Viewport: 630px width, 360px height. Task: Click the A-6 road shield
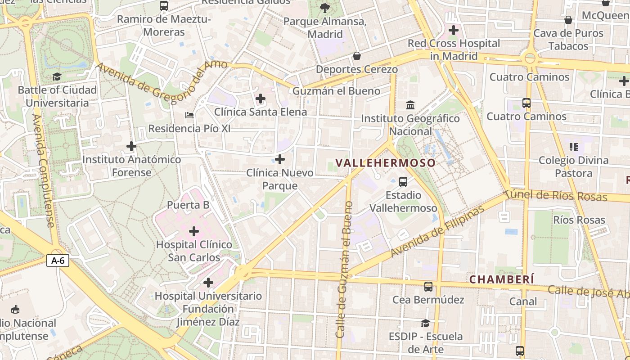(x=58, y=261)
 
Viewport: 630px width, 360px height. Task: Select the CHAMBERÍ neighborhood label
(x=502, y=279)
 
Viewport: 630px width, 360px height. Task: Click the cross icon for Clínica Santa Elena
(x=260, y=99)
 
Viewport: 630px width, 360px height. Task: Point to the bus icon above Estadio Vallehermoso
(x=403, y=182)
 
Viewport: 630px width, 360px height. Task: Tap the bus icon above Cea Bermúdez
(x=428, y=286)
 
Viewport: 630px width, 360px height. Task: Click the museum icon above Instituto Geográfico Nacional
(x=410, y=105)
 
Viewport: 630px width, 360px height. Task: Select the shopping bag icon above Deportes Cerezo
(x=357, y=56)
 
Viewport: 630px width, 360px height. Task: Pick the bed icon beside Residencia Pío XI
(x=189, y=115)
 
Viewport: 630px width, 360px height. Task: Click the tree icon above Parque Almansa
(x=324, y=8)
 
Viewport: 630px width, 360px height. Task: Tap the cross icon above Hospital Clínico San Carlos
(x=194, y=231)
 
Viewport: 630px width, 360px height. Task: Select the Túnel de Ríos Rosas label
(x=556, y=196)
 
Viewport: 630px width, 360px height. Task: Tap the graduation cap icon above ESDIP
(x=425, y=323)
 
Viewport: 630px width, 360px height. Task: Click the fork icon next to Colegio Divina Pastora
(x=573, y=147)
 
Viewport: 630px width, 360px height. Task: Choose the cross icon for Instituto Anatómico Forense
(x=131, y=146)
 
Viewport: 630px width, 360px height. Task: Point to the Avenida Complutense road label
(x=44, y=171)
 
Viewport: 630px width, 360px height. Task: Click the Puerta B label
(x=188, y=205)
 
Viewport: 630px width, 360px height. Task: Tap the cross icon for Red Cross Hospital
(x=454, y=30)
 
